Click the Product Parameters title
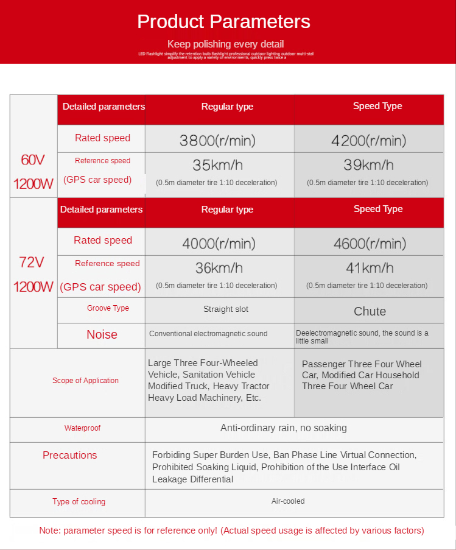[223, 22]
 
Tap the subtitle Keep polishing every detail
[225, 44]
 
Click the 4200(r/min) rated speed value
[368, 141]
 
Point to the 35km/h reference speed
[217, 165]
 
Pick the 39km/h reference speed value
[368, 165]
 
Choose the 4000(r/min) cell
[219, 244]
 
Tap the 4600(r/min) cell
[370, 244]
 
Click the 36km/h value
[219, 268]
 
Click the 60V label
[33, 161]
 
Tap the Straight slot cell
[226, 309]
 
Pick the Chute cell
[370, 311]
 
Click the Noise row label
[102, 334]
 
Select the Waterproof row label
[82, 428]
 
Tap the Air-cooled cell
[288, 501]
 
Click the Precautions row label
[69, 456]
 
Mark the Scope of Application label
[85, 381]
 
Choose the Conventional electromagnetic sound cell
[208, 334]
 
